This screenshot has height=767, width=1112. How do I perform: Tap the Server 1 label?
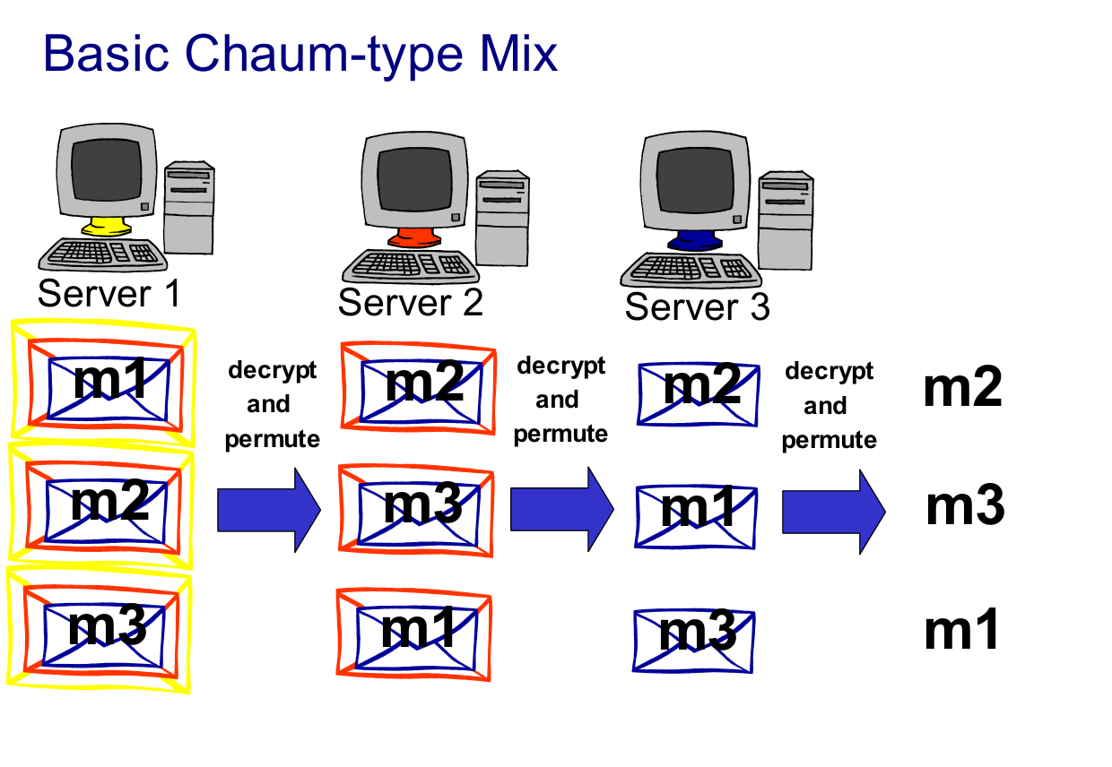(109, 294)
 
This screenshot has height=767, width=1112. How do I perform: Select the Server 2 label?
(411, 302)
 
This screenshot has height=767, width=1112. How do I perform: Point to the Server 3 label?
(697, 307)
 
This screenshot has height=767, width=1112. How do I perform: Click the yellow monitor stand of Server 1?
(105, 226)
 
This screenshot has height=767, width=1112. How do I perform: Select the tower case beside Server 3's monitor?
(785, 220)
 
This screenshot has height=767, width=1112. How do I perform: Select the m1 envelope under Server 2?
(414, 631)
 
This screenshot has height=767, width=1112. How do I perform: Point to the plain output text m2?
(962, 389)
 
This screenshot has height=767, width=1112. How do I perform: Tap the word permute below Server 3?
(829, 441)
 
